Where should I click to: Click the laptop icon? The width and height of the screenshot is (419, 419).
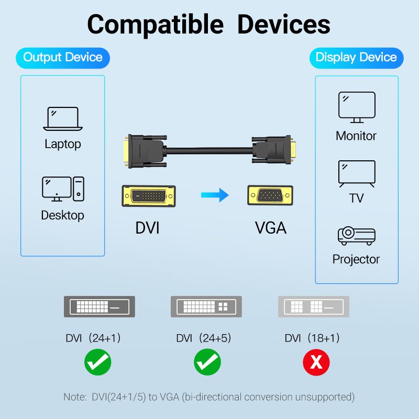63,118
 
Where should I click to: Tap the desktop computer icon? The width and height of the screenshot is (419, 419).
63,189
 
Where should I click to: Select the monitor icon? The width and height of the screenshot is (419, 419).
357,106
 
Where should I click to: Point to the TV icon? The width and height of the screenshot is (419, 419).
357,174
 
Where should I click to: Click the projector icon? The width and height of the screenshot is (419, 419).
356,236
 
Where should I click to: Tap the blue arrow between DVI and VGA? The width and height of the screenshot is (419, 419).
215,195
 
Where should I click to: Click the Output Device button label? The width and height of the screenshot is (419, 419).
63,57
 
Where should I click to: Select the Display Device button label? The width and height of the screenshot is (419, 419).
356,57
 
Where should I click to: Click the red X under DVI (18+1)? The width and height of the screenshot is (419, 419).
316,362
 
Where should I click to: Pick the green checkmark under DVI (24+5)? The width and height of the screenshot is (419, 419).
207,362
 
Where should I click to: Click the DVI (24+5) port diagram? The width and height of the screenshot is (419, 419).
207,306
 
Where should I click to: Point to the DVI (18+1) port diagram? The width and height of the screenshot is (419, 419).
313,306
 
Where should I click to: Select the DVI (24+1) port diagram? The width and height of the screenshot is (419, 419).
99,306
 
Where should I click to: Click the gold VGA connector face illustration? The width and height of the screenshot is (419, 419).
269,195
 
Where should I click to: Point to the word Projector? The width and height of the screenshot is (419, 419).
356,259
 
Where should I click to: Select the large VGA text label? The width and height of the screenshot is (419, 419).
271,228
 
